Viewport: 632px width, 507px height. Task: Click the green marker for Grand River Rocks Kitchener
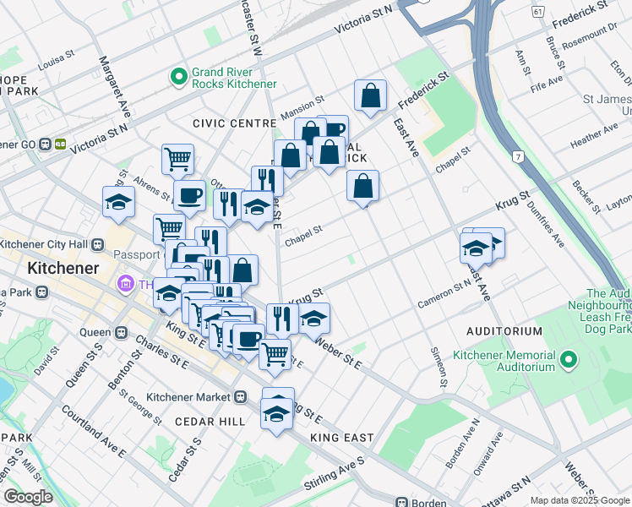[178, 78]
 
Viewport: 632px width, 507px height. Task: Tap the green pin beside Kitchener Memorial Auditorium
[569, 361]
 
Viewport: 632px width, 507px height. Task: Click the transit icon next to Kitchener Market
[241, 396]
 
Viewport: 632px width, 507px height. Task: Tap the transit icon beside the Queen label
[120, 332]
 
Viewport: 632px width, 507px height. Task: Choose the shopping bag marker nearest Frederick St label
[370, 97]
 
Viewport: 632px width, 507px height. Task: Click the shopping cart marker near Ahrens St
[177, 158]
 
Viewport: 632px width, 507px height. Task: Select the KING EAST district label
[341, 438]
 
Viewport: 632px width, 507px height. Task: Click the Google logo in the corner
[29, 497]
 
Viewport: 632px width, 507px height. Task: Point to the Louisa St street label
[56, 62]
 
